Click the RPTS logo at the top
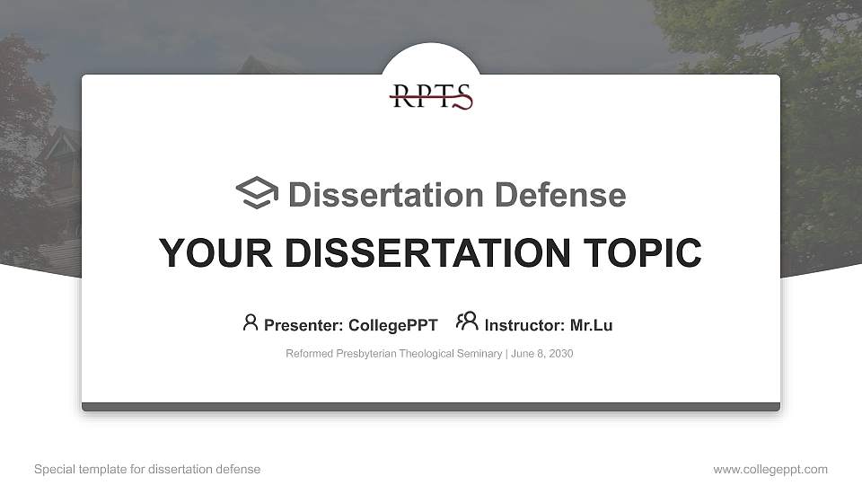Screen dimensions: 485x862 [x=431, y=96]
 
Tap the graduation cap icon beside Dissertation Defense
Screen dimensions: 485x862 [x=257, y=194]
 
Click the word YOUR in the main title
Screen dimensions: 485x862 [x=201, y=252]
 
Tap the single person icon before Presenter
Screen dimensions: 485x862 [x=251, y=322]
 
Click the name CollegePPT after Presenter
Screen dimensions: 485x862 [x=392, y=325]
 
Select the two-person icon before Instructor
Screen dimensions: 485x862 [x=467, y=322]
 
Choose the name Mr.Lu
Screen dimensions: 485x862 [x=591, y=325]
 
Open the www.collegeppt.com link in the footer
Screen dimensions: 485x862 [x=770, y=470]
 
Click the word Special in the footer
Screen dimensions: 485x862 [x=53, y=470]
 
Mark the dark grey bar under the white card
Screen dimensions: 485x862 [x=431, y=407]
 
